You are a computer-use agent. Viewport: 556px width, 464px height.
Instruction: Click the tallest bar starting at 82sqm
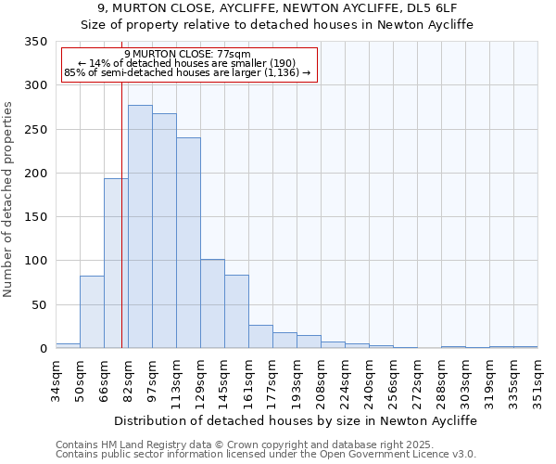click(x=140, y=226)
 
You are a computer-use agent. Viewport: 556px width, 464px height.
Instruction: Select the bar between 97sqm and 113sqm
click(x=164, y=231)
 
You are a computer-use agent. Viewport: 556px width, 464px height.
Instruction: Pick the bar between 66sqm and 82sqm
click(x=116, y=264)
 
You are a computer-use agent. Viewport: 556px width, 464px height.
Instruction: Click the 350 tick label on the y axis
click(x=35, y=42)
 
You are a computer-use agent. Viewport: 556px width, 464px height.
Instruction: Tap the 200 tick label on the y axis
click(x=35, y=174)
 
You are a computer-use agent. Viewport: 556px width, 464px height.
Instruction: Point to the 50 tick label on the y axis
click(x=39, y=304)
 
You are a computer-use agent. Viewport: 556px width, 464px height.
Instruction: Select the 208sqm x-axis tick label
click(x=321, y=381)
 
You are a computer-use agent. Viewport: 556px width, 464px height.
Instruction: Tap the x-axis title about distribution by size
click(x=296, y=420)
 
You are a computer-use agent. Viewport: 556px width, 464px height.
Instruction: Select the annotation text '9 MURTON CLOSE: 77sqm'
click(x=187, y=55)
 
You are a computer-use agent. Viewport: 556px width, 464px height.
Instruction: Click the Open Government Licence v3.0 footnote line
click(x=266, y=454)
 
